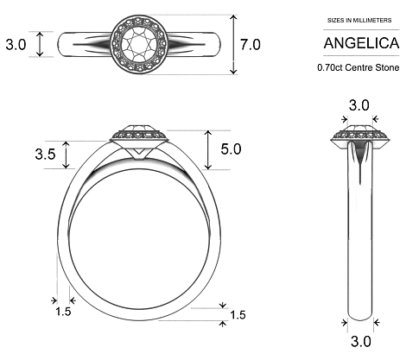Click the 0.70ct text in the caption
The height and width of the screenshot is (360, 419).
pyautogui.click(x=333, y=66)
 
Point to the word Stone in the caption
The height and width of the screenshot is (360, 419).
pyautogui.click(x=385, y=66)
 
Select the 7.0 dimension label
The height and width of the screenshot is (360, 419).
pyautogui.click(x=251, y=44)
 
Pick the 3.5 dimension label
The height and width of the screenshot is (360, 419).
pyautogui.click(x=46, y=155)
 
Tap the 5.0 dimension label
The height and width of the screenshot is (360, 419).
pyautogui.click(x=232, y=149)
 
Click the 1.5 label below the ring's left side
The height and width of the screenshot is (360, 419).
pyautogui.click(x=63, y=311)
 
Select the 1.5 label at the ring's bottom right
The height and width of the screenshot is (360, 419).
pyautogui.click(x=238, y=314)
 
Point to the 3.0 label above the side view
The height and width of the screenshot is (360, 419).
pyautogui.click(x=359, y=106)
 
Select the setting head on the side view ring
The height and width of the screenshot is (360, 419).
pyautogui.click(x=359, y=136)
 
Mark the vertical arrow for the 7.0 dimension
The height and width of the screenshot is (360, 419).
pyautogui.click(x=232, y=44)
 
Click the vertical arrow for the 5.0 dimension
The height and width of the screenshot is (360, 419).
pyautogui.click(x=208, y=149)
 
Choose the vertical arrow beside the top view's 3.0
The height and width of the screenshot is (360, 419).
pyautogui.click(x=39, y=44)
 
